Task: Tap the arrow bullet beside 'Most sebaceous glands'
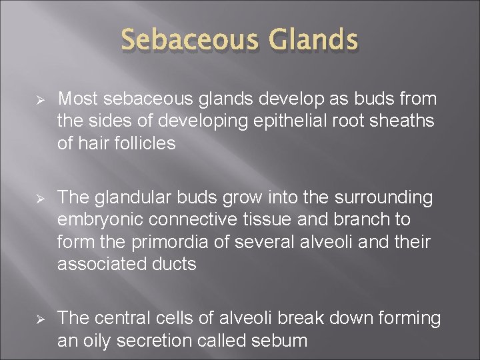pos(39,100)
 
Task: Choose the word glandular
pos(129,198)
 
